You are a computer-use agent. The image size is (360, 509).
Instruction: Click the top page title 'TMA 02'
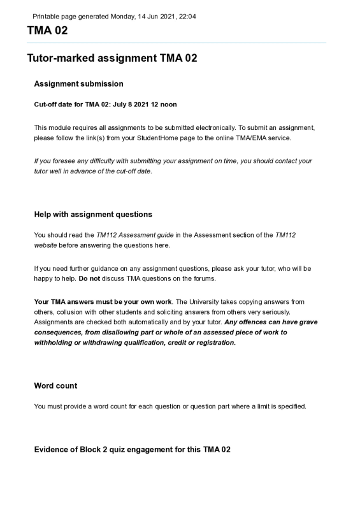[x=47, y=31]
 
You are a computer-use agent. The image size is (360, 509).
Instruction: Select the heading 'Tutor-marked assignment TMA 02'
[x=112, y=58]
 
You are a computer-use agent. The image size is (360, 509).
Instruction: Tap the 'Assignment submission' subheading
[x=78, y=83]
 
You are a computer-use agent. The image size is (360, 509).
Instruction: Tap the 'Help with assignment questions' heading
[x=93, y=214]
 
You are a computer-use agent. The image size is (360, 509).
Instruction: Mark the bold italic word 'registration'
[x=215, y=342]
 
